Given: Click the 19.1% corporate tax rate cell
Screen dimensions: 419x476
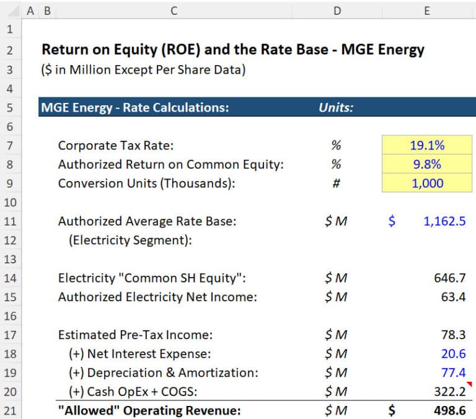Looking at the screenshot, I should [427, 146].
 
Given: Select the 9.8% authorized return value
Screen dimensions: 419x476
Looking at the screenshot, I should [427, 165].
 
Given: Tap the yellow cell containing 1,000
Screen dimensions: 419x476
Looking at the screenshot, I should [427, 183].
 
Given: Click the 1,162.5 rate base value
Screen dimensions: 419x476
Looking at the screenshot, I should [444, 221].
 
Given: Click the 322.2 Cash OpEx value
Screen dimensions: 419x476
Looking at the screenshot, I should [450, 392].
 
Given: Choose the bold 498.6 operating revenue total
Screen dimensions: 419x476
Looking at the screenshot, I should [450, 410].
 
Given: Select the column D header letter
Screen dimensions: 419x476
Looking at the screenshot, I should [337, 10].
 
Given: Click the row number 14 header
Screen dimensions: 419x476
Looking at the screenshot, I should [9, 278].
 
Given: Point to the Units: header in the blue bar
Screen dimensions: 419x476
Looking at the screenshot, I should [336, 108].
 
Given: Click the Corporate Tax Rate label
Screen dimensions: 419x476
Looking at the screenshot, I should [116, 146].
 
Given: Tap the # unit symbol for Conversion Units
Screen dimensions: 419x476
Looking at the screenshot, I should [337, 183].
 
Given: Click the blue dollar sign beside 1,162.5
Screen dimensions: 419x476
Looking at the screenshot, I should [392, 221].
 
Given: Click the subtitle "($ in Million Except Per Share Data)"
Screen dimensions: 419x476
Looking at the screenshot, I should [143, 69].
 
